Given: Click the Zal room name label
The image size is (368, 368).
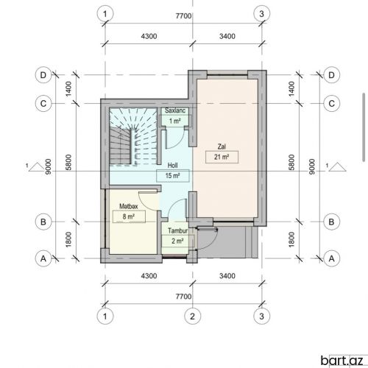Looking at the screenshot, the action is [x=222, y=146].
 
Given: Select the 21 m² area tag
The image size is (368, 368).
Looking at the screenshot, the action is [x=222, y=157].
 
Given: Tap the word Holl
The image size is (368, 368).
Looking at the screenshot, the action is [x=172, y=166].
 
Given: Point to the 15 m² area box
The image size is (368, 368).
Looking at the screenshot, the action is [x=173, y=176].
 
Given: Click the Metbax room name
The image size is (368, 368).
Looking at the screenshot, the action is [x=129, y=206].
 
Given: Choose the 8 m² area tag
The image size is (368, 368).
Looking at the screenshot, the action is [x=129, y=216].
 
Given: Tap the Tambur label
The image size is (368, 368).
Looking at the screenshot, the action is [x=178, y=230].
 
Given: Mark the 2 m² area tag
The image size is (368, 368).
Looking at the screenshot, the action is [x=178, y=241].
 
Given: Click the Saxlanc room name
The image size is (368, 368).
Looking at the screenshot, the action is [x=175, y=110].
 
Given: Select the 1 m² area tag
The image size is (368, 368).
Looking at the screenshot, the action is [x=175, y=121].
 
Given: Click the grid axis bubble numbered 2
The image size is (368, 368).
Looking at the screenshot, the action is [x=193, y=316].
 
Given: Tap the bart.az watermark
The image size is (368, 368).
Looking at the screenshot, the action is [x=342, y=361].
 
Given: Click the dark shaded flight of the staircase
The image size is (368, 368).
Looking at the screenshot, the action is [x=120, y=146].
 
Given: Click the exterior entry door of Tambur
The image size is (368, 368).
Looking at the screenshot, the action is [x=207, y=238].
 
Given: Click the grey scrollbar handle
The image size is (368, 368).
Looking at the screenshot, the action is [x=364, y=127].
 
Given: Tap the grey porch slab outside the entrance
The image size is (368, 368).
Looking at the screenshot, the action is [x=227, y=242].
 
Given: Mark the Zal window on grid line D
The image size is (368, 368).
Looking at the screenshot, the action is [x=227, y=73].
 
